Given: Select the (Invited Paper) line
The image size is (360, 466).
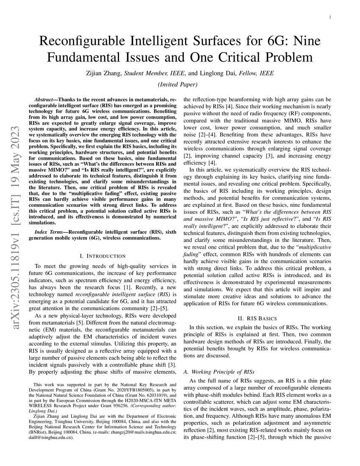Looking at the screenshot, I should click(x=180, y=84).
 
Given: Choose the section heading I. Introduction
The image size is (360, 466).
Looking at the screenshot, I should click(x=103, y=256).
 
